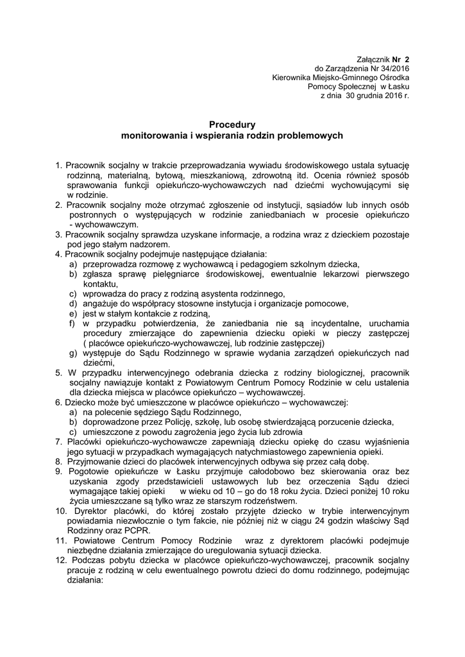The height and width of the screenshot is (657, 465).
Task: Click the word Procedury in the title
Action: click(x=232, y=124)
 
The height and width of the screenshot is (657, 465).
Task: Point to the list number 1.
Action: click(x=58, y=165)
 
